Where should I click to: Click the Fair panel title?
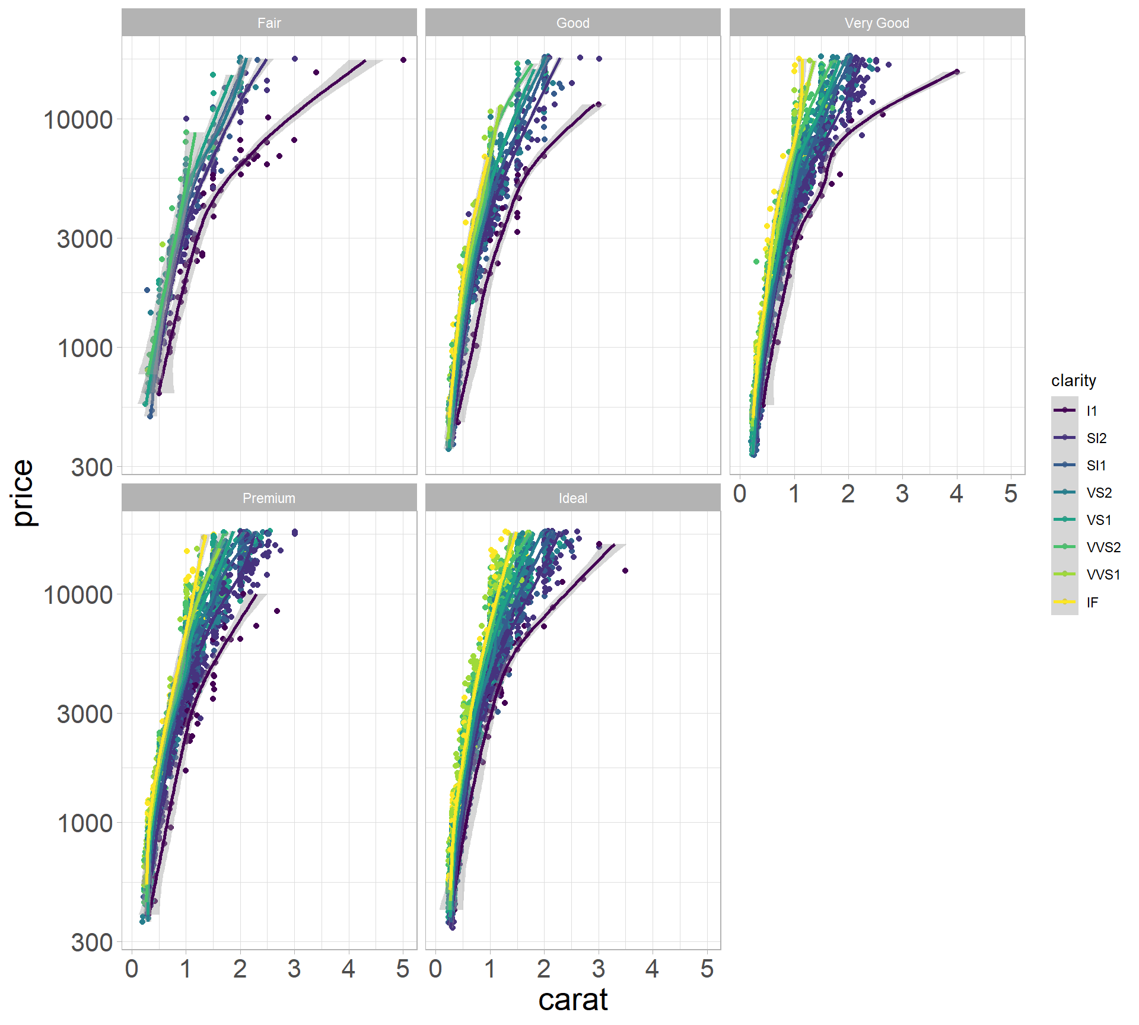pos(269,23)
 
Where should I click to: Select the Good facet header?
pos(572,23)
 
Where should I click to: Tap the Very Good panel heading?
pos(876,23)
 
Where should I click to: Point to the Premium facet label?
pos(269,498)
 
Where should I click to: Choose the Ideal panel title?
pos(572,498)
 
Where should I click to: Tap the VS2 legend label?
pos(1099,493)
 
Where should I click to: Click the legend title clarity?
pos(1073,380)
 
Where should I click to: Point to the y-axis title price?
pos(24,492)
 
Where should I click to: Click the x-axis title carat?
pos(572,1000)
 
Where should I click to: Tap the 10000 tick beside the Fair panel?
pos(78,120)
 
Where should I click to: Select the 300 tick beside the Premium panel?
pos(92,943)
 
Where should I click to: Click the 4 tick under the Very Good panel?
pos(956,494)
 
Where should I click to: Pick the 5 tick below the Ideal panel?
pos(707,969)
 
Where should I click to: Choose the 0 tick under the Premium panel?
pos(132,969)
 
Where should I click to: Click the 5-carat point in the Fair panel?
pos(403,60)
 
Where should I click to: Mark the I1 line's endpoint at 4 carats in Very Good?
pos(957,72)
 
